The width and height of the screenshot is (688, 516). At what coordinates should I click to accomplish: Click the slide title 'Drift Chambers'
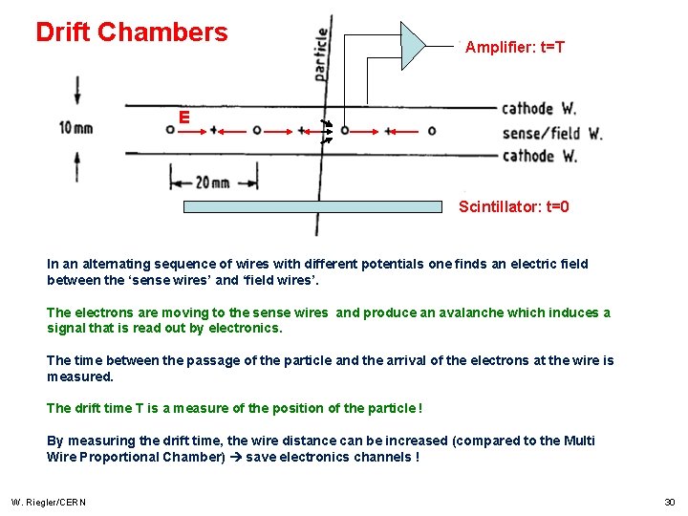(x=132, y=32)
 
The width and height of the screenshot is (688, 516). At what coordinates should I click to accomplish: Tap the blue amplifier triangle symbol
(x=412, y=45)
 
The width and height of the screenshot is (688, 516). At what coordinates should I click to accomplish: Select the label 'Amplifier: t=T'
(x=515, y=47)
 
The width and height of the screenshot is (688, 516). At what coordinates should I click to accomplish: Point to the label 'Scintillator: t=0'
(x=513, y=206)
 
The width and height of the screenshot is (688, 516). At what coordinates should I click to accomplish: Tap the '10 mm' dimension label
(x=76, y=128)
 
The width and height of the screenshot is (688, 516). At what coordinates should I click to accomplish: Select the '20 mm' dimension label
(x=213, y=182)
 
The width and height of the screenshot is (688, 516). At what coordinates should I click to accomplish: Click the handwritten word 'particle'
(x=320, y=54)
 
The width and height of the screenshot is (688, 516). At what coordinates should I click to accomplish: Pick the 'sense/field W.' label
(x=551, y=133)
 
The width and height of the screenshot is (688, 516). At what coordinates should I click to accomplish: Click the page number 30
(x=669, y=503)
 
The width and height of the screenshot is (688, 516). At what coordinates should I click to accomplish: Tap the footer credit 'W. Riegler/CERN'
(x=48, y=503)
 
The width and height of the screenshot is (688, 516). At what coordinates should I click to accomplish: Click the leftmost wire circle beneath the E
(x=170, y=130)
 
